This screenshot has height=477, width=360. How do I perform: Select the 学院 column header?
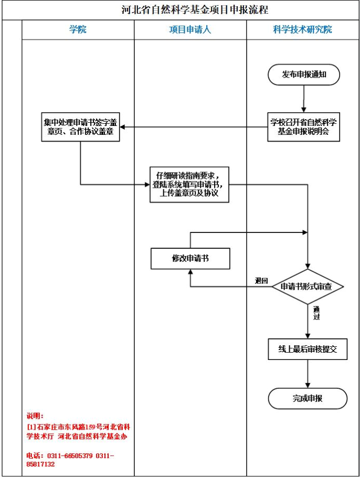(x=78, y=30)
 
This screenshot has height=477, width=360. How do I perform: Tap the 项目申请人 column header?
(x=190, y=30)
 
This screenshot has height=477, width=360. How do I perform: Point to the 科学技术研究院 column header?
(x=303, y=30)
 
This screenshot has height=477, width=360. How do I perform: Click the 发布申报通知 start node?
(x=304, y=75)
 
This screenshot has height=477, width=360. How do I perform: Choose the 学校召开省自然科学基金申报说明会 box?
(x=304, y=126)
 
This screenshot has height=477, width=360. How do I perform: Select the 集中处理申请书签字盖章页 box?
(x=80, y=126)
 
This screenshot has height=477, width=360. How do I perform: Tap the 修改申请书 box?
(x=190, y=258)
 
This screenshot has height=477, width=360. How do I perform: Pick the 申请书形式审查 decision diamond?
(x=308, y=287)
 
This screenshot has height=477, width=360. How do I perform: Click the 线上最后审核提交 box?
(x=308, y=349)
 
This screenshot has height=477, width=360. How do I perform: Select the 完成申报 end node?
(x=308, y=398)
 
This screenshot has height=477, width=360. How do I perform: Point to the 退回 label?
(x=261, y=281)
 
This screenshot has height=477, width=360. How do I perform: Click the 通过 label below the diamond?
(x=316, y=313)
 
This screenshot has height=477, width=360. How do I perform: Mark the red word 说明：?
(x=36, y=416)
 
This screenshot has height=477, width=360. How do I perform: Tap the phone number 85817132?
(x=40, y=464)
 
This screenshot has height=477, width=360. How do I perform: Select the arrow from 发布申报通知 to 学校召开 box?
(x=304, y=98)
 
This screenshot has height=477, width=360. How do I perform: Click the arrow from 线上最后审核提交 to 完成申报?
(x=308, y=374)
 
